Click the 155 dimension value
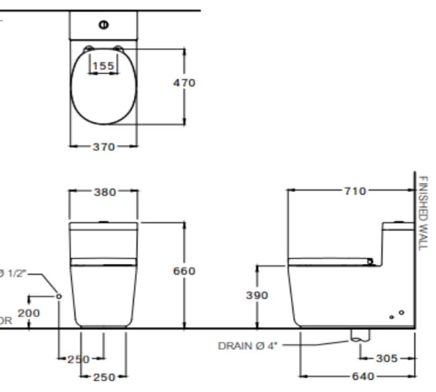coord(103,65)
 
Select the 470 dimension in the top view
coord(184,83)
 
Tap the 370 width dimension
coord(103,147)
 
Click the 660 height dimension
coord(184,271)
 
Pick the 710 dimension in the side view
coord(355,191)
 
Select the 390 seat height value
coord(257,295)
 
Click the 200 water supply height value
coord(29,313)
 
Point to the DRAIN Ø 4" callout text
coord(249,346)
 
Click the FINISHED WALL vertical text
coord(424,213)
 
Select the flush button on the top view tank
coord(103,24)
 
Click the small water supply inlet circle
coord(59,295)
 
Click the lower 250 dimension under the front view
coord(103,377)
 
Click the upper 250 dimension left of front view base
coord(79,360)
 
